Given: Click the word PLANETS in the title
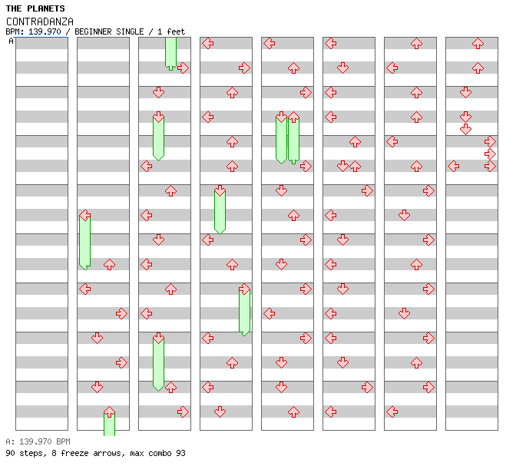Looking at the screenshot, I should pos(47,8).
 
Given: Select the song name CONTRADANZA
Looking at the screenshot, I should pos(40,21).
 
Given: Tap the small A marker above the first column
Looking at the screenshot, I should pos(11,41).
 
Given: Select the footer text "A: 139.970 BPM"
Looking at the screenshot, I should pos(38,441).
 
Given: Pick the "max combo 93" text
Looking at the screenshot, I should pos(157,453).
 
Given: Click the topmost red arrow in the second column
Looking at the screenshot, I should pos(85,215).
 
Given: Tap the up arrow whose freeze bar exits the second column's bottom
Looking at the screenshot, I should pos(109,412).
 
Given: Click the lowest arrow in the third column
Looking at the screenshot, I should pos(183,412).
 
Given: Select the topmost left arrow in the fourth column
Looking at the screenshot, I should pos(207,43).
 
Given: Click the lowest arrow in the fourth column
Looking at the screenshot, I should pos(220,412).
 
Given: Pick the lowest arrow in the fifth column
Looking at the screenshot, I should pos(293,412).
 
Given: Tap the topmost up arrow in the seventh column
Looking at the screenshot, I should pos(416,43).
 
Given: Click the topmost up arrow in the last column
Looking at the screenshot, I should pos(478,43).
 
